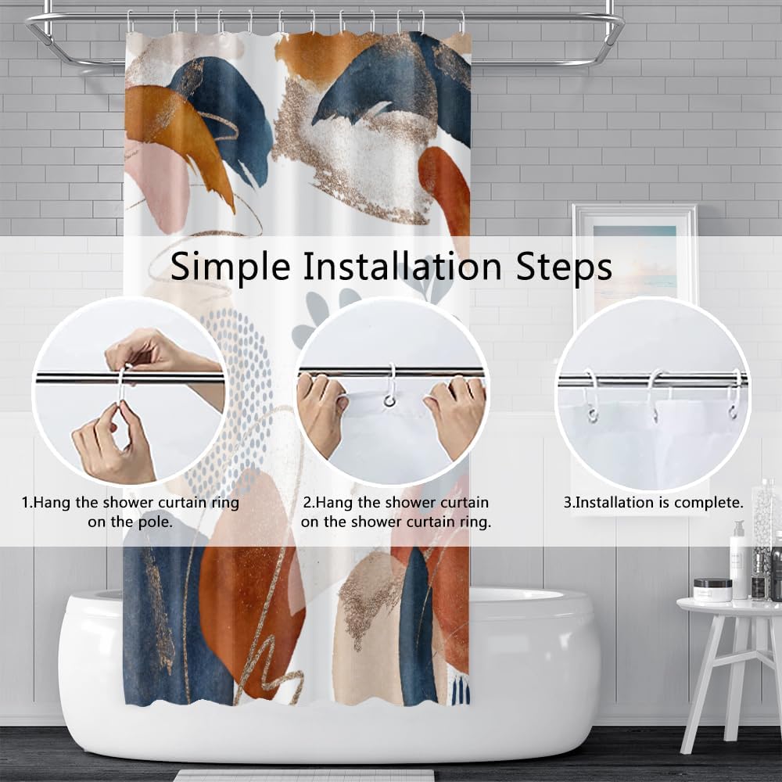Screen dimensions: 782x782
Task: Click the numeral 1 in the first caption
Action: point(25,503)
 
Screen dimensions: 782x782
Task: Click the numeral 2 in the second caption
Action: point(308,503)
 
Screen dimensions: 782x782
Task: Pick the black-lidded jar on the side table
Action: point(712,589)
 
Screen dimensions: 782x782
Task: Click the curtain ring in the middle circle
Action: point(389,387)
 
